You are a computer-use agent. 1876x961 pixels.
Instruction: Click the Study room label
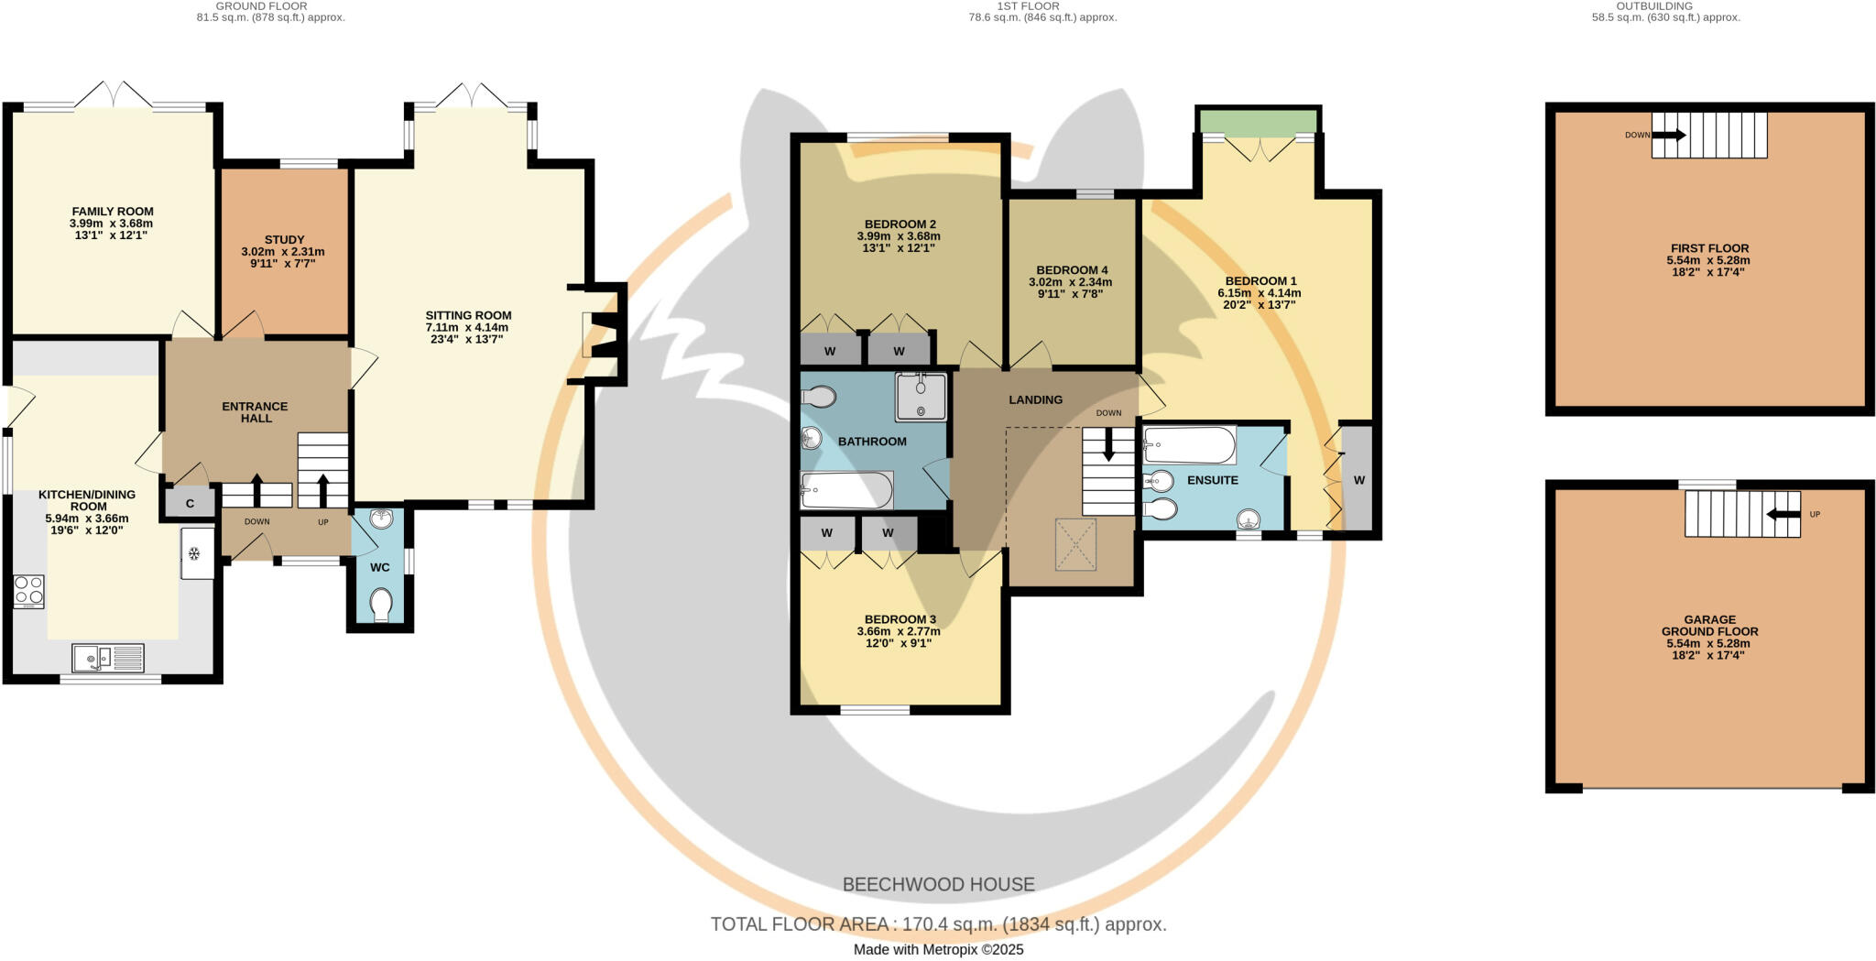coord(284,240)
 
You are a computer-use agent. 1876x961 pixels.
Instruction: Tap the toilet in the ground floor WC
coord(381,605)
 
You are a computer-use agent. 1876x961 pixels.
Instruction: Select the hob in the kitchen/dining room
coord(28,591)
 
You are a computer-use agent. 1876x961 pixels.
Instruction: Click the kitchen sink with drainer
coord(108,658)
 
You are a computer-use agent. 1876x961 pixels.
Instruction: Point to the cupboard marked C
coord(191,504)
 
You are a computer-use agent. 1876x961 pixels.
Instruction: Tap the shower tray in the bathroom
coord(921,397)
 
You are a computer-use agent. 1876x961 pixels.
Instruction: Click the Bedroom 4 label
coord(1072,270)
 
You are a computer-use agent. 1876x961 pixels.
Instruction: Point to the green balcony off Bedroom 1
coord(1259,121)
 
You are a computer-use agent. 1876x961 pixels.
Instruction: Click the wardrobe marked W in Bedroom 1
coord(1358,480)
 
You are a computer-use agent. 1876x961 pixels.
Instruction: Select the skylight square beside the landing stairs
coord(1075,544)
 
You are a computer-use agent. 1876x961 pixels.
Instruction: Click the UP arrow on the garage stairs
coord(1783,515)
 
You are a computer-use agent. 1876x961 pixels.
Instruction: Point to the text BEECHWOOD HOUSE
coord(938,885)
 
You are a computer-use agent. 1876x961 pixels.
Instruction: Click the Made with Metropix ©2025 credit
coord(938,950)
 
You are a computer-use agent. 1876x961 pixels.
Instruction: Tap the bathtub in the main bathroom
coord(846,490)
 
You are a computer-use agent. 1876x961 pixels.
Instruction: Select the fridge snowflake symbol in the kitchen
coord(194,553)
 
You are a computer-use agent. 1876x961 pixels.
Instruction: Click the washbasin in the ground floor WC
coord(381,519)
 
